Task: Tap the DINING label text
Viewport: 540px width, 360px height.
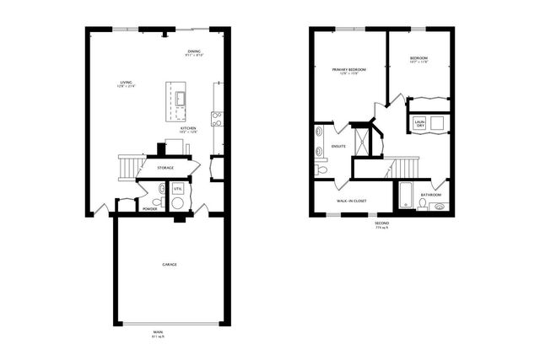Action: pyautogui.click(x=193, y=52)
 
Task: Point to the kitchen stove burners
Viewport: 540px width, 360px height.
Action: pyautogui.click(x=217, y=119)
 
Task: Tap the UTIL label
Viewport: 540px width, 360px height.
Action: pyautogui.click(x=177, y=189)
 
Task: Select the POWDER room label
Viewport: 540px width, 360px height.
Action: pyautogui.click(x=149, y=207)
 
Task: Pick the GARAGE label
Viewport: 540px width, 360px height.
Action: pyautogui.click(x=170, y=265)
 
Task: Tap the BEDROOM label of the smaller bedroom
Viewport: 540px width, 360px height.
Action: pyautogui.click(x=419, y=58)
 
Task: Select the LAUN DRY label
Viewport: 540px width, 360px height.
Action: pyautogui.click(x=418, y=124)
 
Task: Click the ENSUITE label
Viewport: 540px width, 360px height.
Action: pyautogui.click(x=339, y=146)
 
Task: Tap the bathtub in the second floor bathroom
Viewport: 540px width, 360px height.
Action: pyautogui.click(x=405, y=197)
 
